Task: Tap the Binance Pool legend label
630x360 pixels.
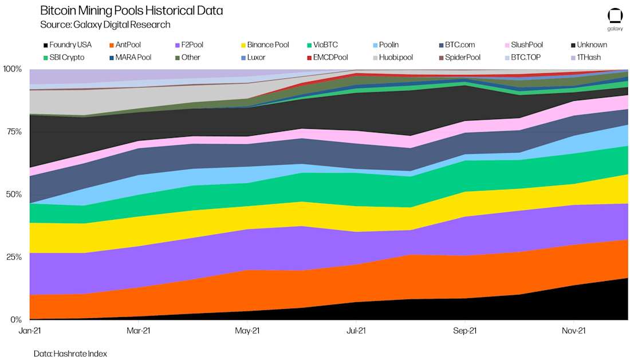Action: [x=267, y=45]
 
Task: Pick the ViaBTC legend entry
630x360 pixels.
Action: [x=325, y=45]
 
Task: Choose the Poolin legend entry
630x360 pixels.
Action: [x=388, y=45]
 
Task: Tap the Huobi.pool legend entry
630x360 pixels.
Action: [x=396, y=57]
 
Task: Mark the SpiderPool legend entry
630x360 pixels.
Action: [x=462, y=57]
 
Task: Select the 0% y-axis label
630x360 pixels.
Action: [x=14, y=319]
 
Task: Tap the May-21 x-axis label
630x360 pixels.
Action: [x=247, y=331]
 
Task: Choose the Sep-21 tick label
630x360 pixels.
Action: [x=464, y=331]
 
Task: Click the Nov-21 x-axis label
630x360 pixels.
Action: [x=573, y=331]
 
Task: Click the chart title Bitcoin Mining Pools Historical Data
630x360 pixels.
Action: [x=132, y=11]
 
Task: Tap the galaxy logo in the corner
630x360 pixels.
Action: [x=615, y=19]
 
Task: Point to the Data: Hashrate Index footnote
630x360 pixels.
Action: [x=70, y=354]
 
